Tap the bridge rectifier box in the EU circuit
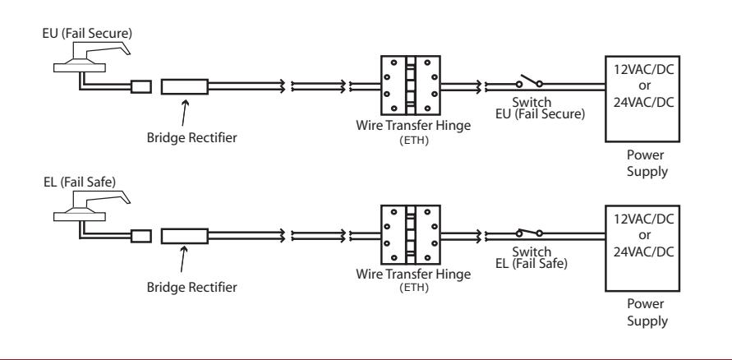(x=184, y=86)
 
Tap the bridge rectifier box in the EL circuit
(x=184, y=236)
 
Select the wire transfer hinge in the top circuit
(x=410, y=85)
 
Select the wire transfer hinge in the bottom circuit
(x=410, y=235)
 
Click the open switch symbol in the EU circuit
(x=529, y=81)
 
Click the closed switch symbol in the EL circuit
(x=529, y=232)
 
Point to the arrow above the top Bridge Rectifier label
(x=184, y=113)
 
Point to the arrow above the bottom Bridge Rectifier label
(x=183, y=259)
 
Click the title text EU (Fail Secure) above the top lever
(x=87, y=34)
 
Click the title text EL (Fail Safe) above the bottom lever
(x=80, y=182)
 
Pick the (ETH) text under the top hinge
(x=414, y=140)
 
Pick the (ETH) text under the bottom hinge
(x=414, y=287)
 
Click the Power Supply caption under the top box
(x=647, y=163)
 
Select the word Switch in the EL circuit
(x=532, y=252)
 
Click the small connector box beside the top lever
(x=141, y=86)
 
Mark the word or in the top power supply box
(x=644, y=86)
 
